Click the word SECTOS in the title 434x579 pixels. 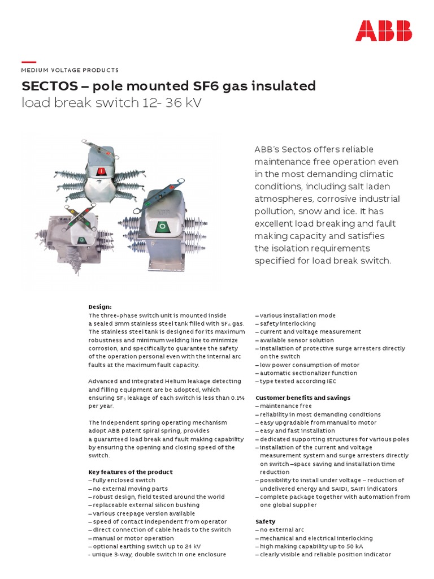pos(48,87)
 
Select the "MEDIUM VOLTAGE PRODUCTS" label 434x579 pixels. pos(70,70)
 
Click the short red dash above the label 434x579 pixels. pos(29,62)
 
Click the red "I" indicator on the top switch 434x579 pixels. pos(102,171)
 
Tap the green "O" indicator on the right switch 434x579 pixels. pos(163,227)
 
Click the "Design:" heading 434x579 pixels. pos(100,306)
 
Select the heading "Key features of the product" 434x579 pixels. pos(131,472)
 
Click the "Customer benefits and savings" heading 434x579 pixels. pos(303,397)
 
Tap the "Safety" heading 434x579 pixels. pos(266,521)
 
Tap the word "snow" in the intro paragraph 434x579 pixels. pos(328,211)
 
